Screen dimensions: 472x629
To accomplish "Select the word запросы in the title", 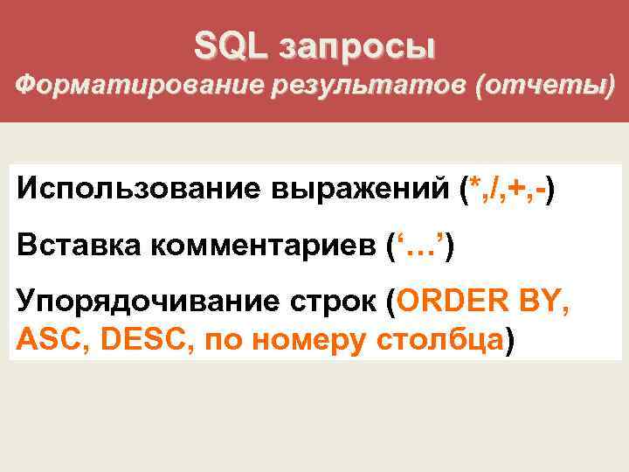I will [x=356, y=48].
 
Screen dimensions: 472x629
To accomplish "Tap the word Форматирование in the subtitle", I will [x=122, y=87].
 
